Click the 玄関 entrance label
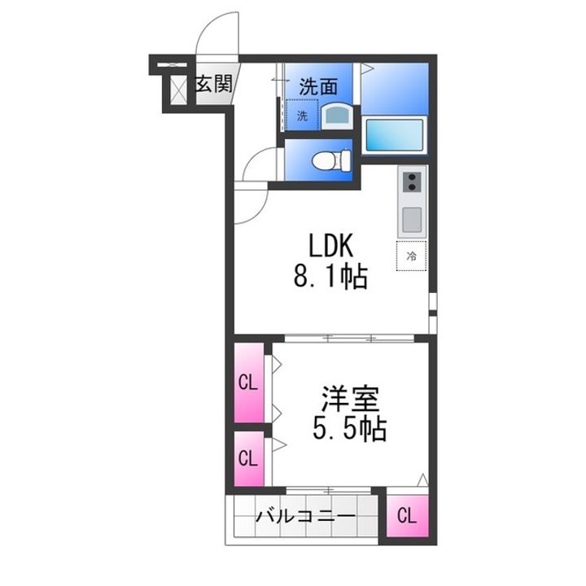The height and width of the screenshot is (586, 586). pyautogui.click(x=214, y=84)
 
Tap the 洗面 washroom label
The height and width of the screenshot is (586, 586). pyautogui.click(x=318, y=86)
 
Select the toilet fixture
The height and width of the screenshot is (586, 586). pyautogui.click(x=331, y=160)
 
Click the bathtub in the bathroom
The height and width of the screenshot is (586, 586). pyautogui.click(x=394, y=135)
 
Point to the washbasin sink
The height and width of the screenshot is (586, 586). pyautogui.click(x=337, y=116)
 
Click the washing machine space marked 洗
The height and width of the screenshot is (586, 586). pyautogui.click(x=302, y=115)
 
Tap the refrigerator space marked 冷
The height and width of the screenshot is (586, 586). pyautogui.click(x=411, y=256)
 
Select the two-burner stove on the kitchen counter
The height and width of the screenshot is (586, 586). pyautogui.click(x=412, y=182)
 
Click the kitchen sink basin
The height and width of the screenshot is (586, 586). pyautogui.click(x=412, y=220)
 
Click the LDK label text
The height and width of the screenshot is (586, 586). pyautogui.click(x=330, y=246)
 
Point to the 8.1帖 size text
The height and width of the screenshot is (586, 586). pyautogui.click(x=330, y=277)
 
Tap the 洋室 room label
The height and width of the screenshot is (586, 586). pyautogui.click(x=350, y=398)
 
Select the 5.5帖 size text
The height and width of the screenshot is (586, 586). pyautogui.click(x=349, y=429)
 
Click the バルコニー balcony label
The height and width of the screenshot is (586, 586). pyautogui.click(x=305, y=517)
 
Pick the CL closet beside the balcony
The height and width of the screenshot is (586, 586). pyautogui.click(x=407, y=516)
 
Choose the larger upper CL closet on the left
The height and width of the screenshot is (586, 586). pyautogui.click(x=249, y=383)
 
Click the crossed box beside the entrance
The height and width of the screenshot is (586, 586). pyautogui.click(x=178, y=90)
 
